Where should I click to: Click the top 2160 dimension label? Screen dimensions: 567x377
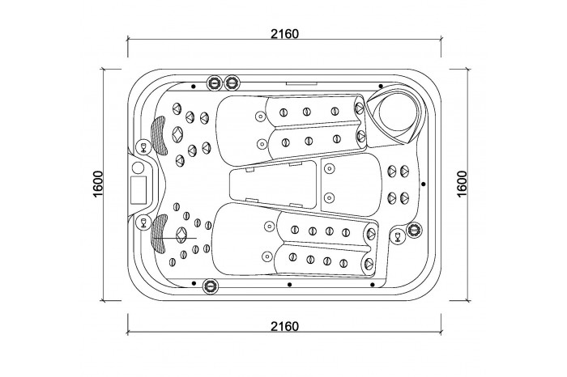[x=285, y=34]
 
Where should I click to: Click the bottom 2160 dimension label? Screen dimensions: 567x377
[x=285, y=327]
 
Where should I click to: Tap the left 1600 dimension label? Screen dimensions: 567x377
[x=98, y=184]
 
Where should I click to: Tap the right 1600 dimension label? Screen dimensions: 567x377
[x=463, y=184]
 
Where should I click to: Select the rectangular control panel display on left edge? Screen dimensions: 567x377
[x=139, y=189]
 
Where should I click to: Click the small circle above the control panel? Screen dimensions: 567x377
[x=139, y=167]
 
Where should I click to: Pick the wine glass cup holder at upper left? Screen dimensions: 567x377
[x=143, y=146]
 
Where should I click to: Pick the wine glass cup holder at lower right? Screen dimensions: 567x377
[x=398, y=235]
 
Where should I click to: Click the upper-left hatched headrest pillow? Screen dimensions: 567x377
[x=159, y=135]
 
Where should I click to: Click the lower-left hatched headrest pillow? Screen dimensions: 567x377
[x=158, y=234]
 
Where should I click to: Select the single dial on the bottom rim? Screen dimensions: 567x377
[x=211, y=286]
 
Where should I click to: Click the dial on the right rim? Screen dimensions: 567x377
[x=414, y=229]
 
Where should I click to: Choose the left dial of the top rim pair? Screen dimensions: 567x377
[x=214, y=83]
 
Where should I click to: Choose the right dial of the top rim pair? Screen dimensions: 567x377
[x=232, y=83]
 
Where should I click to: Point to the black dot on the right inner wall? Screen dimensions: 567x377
[x=424, y=184]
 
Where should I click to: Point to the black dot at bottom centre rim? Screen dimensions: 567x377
[x=289, y=285]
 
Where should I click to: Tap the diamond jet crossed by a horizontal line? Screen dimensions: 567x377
[x=181, y=235]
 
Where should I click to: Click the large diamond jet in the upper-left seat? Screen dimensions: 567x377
[x=177, y=134]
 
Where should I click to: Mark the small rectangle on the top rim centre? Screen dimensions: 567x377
[x=302, y=83]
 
